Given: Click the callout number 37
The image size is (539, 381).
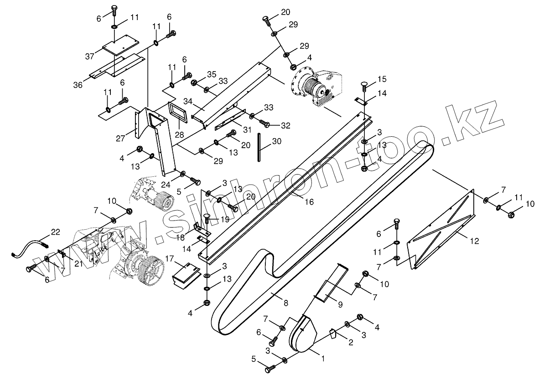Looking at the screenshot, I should click(x=89, y=56).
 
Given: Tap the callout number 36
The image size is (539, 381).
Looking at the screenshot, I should click(x=78, y=84).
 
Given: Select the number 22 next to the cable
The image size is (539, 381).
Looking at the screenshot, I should click(x=55, y=232).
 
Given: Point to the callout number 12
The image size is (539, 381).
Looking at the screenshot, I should click(x=474, y=241).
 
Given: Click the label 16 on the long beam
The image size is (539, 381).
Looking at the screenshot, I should click(x=309, y=202).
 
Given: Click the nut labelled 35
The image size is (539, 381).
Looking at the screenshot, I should click(x=194, y=83).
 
